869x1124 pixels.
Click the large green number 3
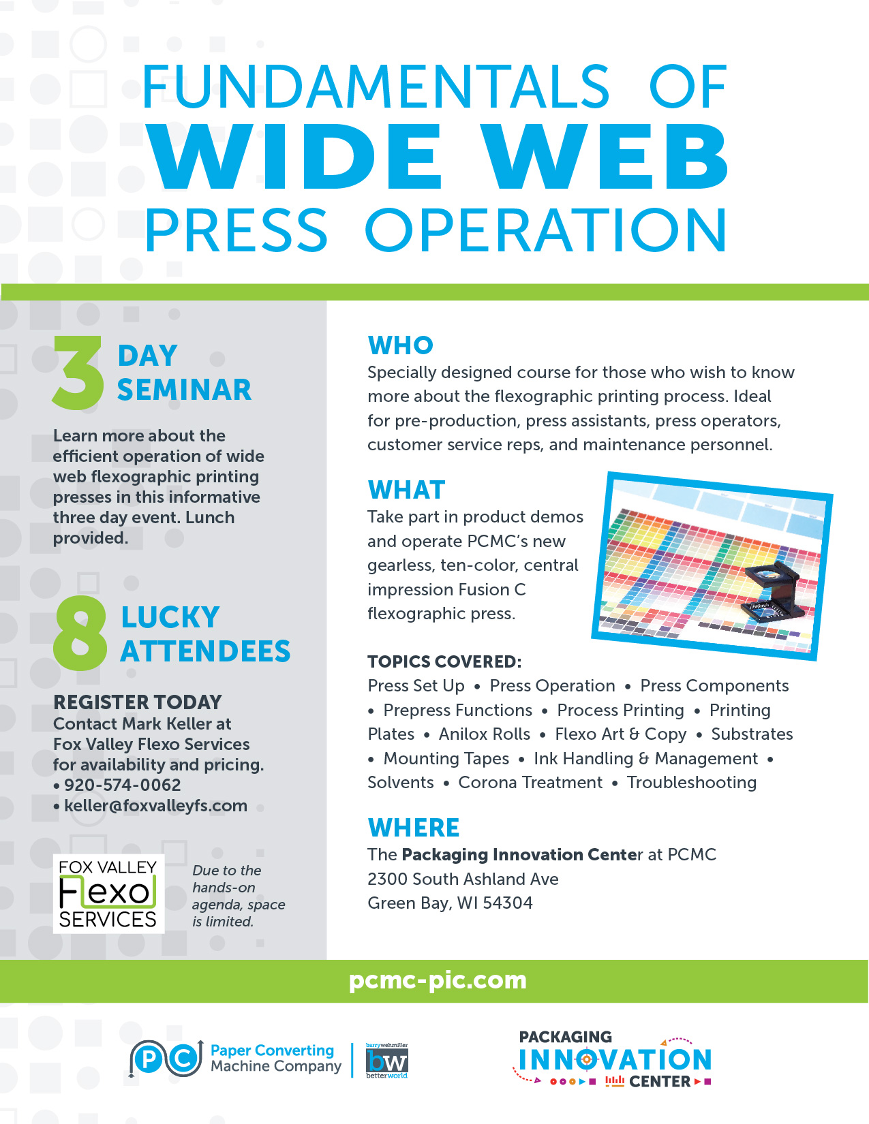(x=78, y=373)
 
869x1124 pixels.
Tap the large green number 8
(x=80, y=633)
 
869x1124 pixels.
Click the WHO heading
(x=400, y=345)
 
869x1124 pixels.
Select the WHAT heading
(x=406, y=489)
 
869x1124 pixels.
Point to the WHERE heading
(x=414, y=827)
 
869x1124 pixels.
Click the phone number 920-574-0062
(x=122, y=785)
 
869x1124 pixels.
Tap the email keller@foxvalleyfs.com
(x=155, y=805)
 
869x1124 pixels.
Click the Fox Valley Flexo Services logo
(x=108, y=893)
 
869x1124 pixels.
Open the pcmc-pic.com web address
(x=438, y=981)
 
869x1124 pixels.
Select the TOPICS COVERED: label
(x=444, y=661)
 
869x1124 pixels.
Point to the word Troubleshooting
(x=692, y=783)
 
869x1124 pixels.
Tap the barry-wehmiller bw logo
(x=386, y=1061)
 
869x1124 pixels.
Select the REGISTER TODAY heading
(x=138, y=702)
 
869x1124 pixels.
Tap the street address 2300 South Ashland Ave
(x=463, y=879)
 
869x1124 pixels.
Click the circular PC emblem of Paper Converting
(x=166, y=1059)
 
